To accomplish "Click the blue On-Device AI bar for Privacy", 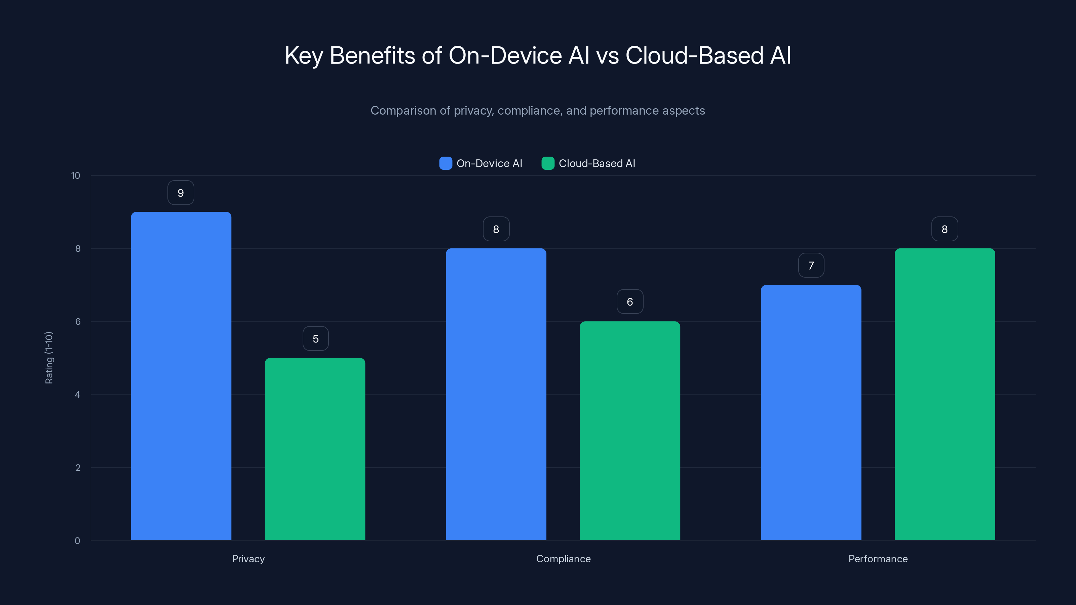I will pos(181,376).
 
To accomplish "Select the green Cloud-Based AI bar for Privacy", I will pos(315,449).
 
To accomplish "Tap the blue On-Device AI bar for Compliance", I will pos(496,394).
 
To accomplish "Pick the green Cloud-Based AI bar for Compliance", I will pos(630,431).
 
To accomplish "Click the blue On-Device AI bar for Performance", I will pos(811,412).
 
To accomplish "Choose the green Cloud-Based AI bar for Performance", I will pos(945,394).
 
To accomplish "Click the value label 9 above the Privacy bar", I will pos(181,193).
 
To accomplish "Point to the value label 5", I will pos(315,338).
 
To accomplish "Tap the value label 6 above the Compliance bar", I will pos(630,301).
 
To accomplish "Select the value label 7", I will pos(811,265).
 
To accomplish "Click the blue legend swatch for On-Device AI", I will pos(446,163).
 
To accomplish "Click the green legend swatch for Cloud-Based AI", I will pos(548,163).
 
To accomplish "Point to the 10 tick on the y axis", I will pos(76,175).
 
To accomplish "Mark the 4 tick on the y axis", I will pos(77,395).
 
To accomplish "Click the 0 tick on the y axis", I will pos(77,541).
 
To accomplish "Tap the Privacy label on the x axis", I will pos(248,559).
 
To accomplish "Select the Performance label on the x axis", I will pos(878,559).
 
